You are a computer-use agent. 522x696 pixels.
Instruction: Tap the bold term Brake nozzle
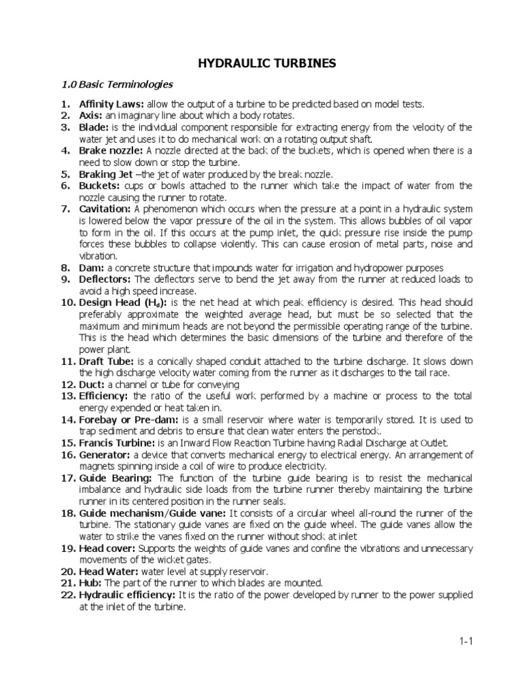(x=111, y=150)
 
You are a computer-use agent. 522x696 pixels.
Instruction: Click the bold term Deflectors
(x=105, y=279)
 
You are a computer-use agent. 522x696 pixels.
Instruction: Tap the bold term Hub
(x=90, y=583)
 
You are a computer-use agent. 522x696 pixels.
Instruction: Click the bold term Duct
(x=91, y=384)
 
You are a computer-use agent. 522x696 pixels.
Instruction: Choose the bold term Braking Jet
(x=106, y=173)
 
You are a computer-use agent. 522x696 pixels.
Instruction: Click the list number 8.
(x=68, y=268)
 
